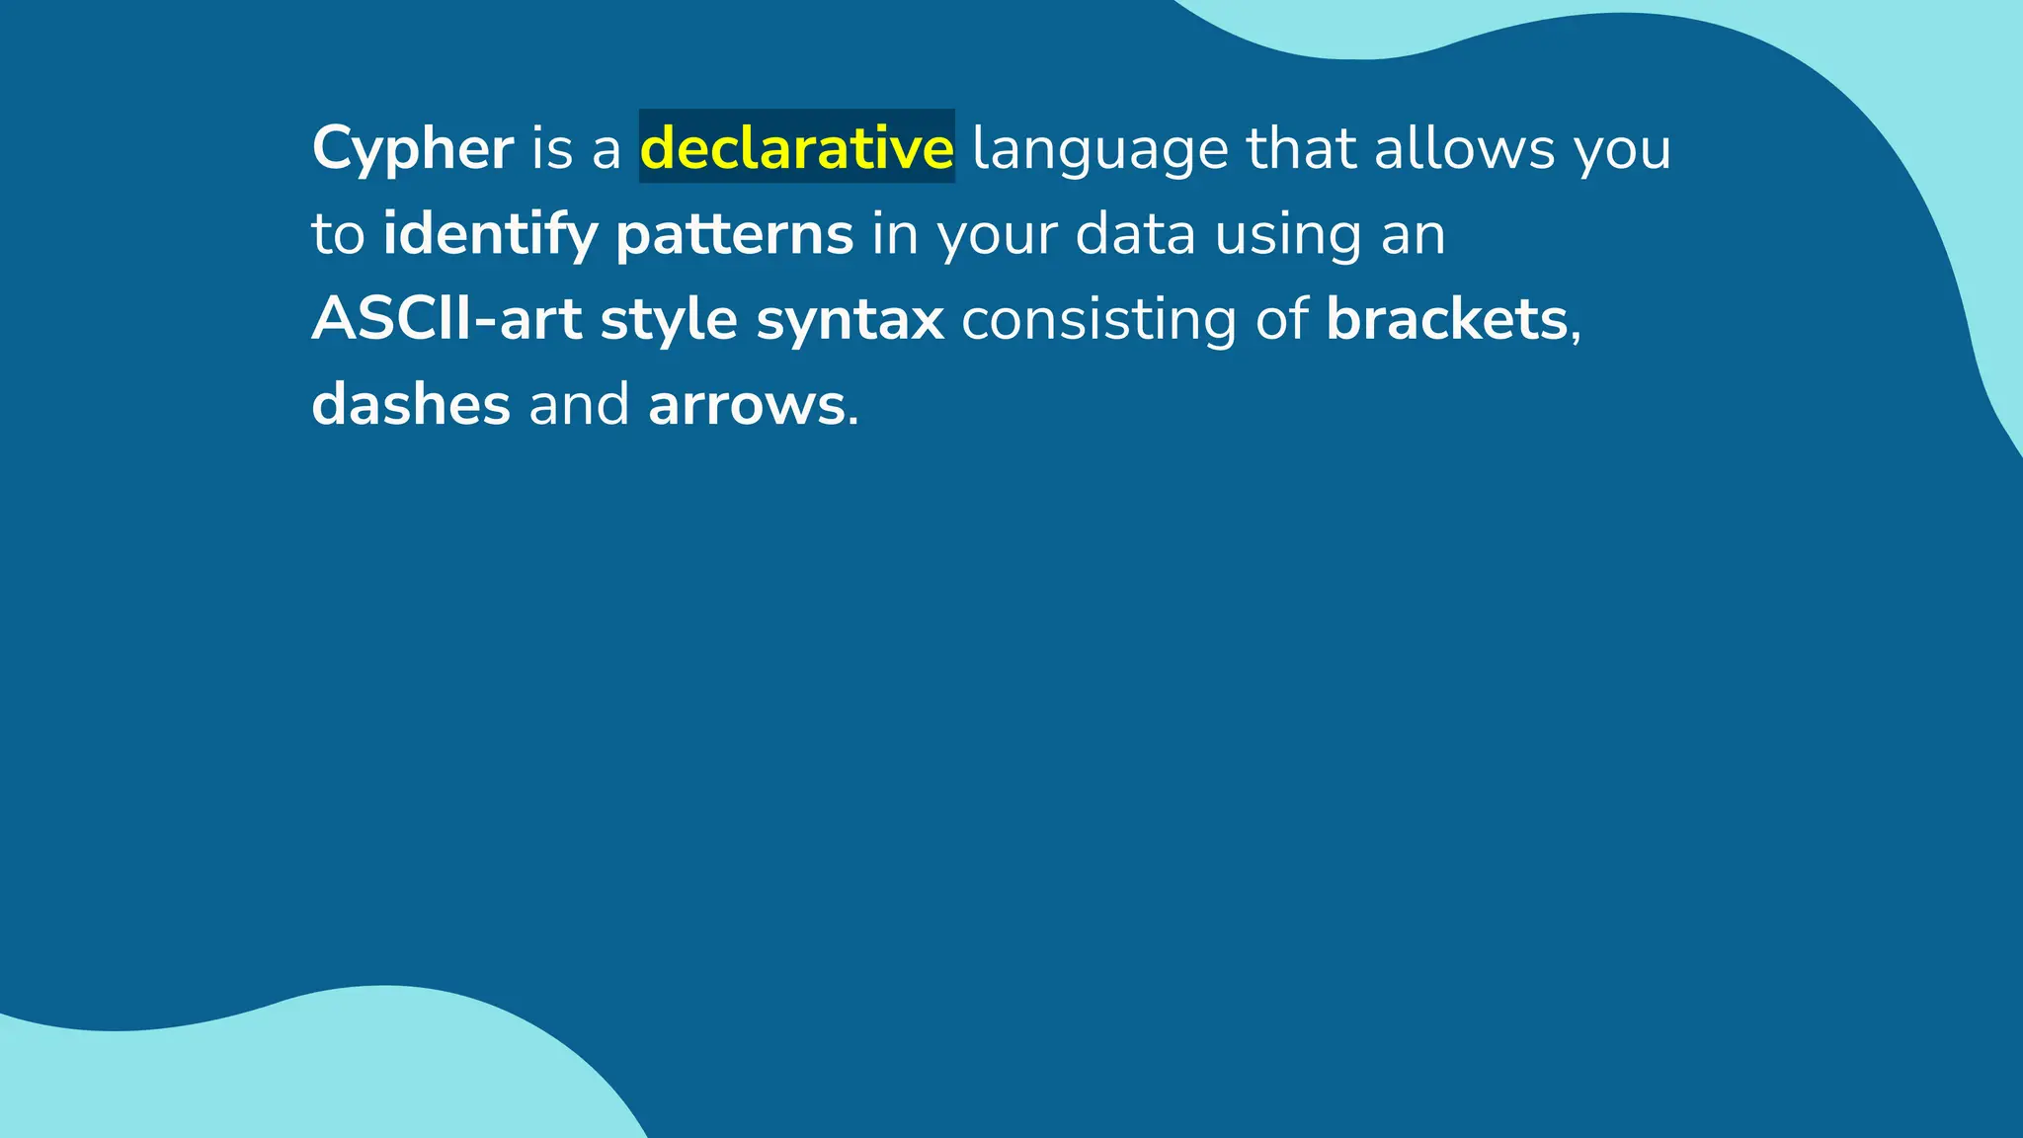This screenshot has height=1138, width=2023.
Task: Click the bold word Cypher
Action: tap(412, 149)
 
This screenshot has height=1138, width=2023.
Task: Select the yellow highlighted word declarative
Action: tap(796, 147)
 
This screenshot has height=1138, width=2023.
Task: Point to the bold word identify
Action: tap(490, 235)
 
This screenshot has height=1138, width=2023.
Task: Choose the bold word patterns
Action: tap(734, 235)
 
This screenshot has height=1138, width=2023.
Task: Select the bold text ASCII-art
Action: tap(446, 319)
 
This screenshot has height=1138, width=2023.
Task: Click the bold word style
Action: tap(669, 321)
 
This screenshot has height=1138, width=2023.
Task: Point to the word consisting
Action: tap(1098, 321)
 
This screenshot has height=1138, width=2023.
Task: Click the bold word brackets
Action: tap(1446, 319)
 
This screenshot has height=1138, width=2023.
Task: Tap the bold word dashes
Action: tap(411, 404)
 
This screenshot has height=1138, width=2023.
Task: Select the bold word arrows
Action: tap(746, 406)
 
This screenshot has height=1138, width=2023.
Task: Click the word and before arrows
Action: tap(579, 404)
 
